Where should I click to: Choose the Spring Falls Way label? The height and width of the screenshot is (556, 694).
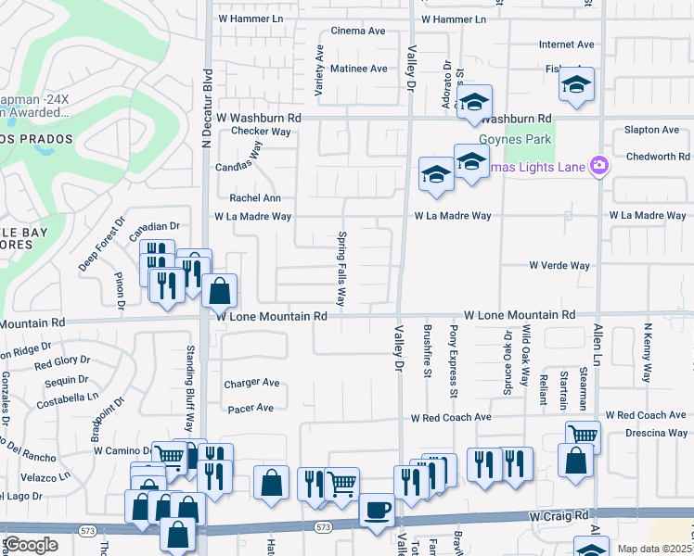click(x=341, y=269)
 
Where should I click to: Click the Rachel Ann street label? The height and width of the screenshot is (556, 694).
click(x=255, y=197)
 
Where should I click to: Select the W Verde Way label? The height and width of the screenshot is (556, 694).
click(x=559, y=265)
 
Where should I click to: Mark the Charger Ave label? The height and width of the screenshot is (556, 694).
click(x=251, y=383)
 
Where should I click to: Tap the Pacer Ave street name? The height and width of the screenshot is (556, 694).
click(x=249, y=408)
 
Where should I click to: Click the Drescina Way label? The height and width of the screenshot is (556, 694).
click(x=656, y=433)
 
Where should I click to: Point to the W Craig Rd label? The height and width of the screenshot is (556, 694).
click(x=559, y=514)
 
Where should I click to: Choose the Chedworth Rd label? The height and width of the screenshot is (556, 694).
click(x=656, y=157)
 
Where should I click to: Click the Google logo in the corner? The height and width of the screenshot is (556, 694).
click(x=32, y=545)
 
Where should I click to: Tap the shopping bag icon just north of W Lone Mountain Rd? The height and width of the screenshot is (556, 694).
click(x=219, y=290)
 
